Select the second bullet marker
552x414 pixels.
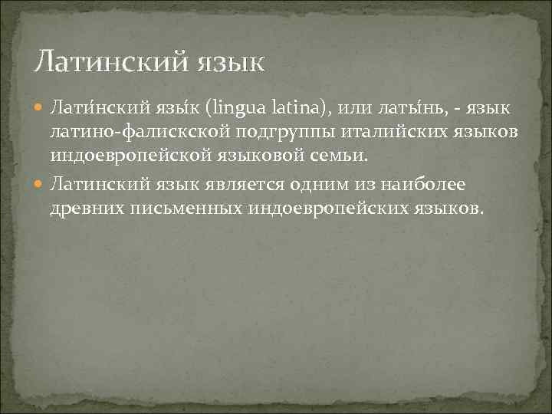[x=40, y=183]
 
